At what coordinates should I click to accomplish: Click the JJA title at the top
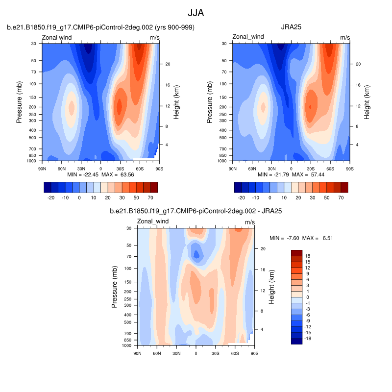point(196,12)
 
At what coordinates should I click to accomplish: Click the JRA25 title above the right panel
point(291,27)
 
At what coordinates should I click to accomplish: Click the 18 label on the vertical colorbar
point(309,256)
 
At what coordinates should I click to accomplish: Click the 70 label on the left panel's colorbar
point(150,198)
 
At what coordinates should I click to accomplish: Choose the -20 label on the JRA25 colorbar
point(241,198)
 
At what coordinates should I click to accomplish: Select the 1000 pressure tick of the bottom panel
point(127,345)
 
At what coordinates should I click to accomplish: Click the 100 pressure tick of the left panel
point(33,84)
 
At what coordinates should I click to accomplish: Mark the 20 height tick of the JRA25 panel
point(357,64)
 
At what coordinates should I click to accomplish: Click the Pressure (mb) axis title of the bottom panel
point(115,287)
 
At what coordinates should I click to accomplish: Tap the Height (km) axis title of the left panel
point(176,102)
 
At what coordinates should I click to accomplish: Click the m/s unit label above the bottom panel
point(250,222)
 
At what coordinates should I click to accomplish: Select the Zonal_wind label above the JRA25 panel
point(248,37)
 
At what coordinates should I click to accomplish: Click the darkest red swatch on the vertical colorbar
point(296,253)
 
